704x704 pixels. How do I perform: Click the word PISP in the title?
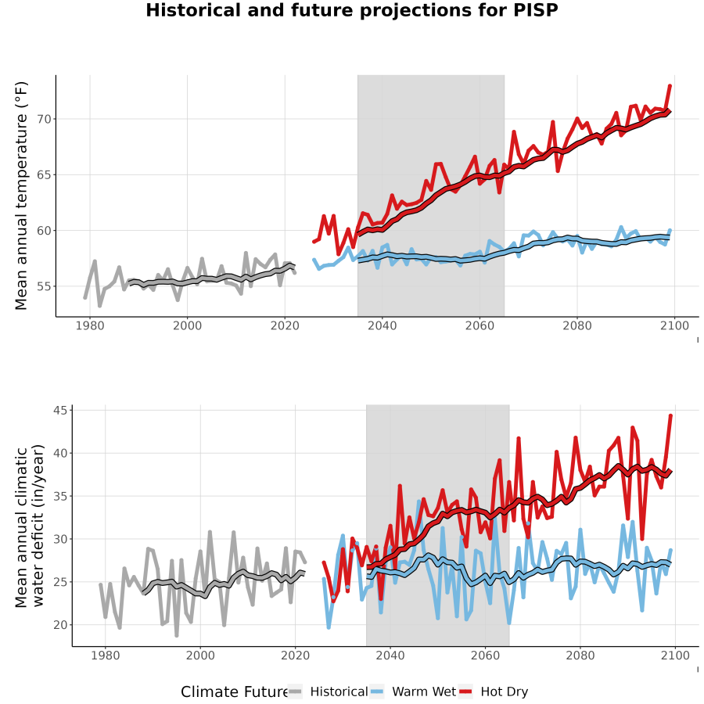point(535,10)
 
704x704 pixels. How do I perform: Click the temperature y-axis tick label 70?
point(45,120)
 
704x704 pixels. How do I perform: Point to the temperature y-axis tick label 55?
point(45,286)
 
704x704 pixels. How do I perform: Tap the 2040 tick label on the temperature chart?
point(382,325)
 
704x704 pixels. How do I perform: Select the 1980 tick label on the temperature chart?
point(90,325)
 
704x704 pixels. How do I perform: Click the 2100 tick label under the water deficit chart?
point(675,656)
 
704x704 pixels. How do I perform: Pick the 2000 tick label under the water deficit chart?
point(200,656)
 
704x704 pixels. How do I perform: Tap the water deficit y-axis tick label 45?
point(60,411)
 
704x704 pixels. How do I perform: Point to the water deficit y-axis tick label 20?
point(60,625)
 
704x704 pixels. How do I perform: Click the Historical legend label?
point(339,691)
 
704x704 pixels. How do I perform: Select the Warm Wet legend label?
point(424,691)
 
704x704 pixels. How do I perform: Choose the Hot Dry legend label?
point(505,692)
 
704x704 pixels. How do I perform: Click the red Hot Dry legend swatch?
point(466,691)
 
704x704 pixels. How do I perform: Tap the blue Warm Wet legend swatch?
point(378,691)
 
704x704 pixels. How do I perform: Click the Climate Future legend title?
point(235,691)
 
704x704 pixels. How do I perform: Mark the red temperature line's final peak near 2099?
point(670,85)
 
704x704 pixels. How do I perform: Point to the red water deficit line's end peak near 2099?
point(671,415)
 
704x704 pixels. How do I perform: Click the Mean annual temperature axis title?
point(21,196)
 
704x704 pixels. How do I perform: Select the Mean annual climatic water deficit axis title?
point(30,526)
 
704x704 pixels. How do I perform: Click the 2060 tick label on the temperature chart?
point(480,325)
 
